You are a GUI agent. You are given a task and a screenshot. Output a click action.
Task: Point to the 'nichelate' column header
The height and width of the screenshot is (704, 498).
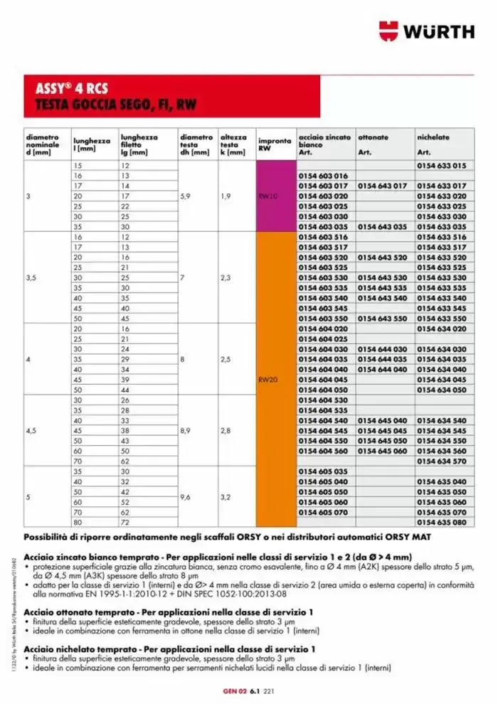pyautogui.click(x=433, y=137)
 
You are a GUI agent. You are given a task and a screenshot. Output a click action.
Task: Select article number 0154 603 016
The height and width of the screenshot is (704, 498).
pyautogui.click(x=324, y=176)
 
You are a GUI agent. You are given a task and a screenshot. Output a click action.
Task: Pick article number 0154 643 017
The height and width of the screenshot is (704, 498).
pyautogui.click(x=382, y=186)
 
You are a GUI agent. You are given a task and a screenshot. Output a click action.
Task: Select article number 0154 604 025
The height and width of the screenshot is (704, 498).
pyautogui.click(x=324, y=339)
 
